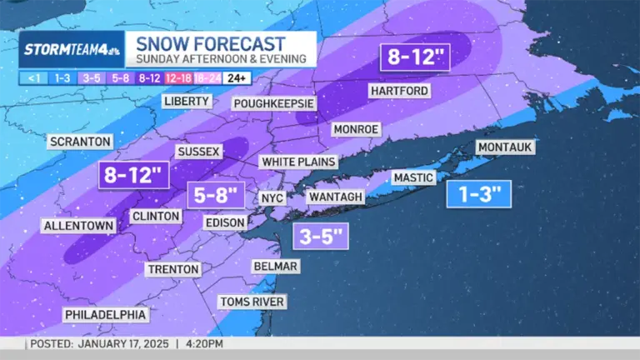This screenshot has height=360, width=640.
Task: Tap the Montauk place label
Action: tap(505, 147)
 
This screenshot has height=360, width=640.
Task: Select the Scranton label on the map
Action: tap(80, 142)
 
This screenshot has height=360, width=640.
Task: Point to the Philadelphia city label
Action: tap(107, 314)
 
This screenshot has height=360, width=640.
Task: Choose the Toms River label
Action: tap(252, 301)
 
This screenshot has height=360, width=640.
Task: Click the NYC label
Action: tap(272, 197)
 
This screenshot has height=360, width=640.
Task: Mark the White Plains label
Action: tap(298, 162)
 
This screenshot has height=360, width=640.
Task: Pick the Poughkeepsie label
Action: tap(273, 103)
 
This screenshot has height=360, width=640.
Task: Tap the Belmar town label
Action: tap(276, 266)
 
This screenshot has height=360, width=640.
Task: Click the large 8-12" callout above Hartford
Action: tap(417, 57)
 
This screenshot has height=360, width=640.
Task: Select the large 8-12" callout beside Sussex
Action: tap(133, 176)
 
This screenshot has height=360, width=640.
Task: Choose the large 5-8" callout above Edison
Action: tap(216, 196)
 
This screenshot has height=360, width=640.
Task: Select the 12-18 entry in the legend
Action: tap(178, 77)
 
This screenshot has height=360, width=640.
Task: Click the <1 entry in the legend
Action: tap(32, 77)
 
